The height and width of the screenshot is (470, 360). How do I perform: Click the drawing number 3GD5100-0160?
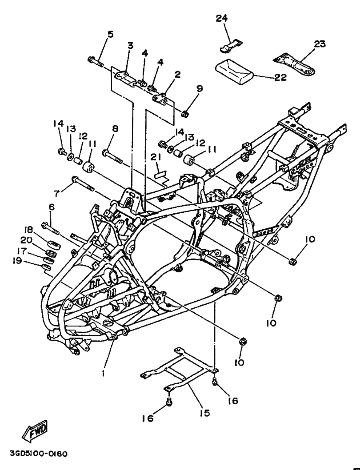pos(34,453)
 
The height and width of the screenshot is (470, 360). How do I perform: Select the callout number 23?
pos(320,44)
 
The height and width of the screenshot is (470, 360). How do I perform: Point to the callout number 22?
pos(280,77)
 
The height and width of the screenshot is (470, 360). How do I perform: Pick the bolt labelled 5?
pos(96,62)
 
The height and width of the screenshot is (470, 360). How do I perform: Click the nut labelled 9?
pos(185,114)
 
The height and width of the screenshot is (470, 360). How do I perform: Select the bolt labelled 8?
pos(112,157)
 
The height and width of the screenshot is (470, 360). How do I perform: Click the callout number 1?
pos(103,374)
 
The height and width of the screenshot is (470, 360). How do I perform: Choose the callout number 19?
pos(17,261)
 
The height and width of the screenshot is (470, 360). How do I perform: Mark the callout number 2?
pos(178,75)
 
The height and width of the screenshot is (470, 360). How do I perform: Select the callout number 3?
pos(131,45)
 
